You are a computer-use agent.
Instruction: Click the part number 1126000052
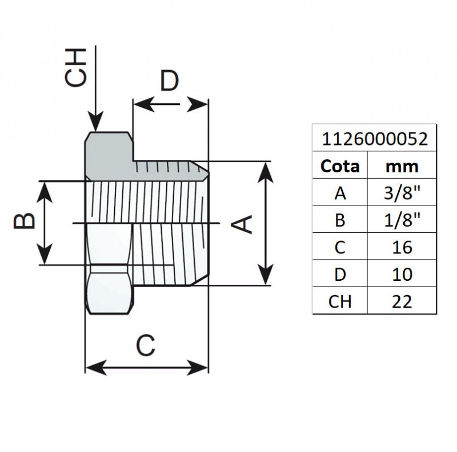(374, 139)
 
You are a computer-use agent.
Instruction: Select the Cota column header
(340, 166)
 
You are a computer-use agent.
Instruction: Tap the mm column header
(402, 166)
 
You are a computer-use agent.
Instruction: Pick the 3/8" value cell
(402, 193)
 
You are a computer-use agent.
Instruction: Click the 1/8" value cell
(402, 220)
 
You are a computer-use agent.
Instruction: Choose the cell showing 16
(402, 247)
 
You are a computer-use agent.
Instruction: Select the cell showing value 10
(402, 274)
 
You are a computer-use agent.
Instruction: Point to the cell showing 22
(402, 301)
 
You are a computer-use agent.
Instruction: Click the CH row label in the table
(340, 301)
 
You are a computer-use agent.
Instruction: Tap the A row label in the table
(340, 193)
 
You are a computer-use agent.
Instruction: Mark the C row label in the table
(340, 247)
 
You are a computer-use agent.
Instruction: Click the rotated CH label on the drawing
(75, 67)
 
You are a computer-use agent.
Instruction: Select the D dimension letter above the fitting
(169, 81)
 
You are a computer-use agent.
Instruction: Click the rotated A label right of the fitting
(244, 224)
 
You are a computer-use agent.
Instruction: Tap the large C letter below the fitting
(146, 345)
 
